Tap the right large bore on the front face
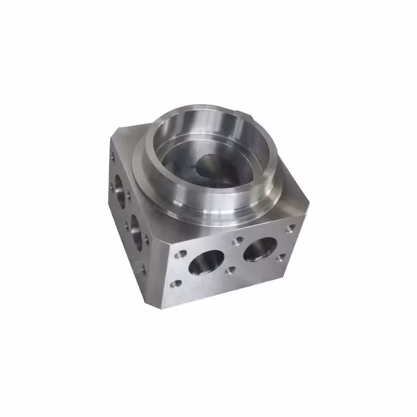[x=259, y=248]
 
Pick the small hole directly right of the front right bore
[x=281, y=259]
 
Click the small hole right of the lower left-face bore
[x=148, y=240]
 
